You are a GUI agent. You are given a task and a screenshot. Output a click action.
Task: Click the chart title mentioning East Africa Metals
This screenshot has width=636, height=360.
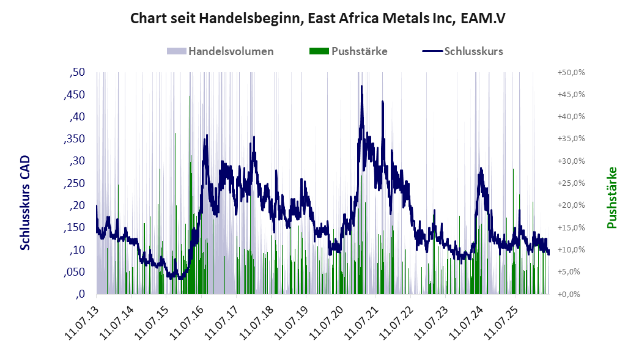click(317, 19)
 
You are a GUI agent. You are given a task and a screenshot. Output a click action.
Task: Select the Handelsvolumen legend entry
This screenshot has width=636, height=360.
click(220, 51)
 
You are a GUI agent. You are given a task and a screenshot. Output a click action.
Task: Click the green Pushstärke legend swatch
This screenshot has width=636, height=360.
click(319, 51)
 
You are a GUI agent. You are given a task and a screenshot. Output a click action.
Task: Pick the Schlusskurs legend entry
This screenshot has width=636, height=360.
click(462, 51)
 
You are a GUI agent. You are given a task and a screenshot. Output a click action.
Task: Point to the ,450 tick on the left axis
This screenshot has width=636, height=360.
click(74, 95)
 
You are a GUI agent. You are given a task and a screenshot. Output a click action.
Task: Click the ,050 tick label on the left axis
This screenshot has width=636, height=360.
click(74, 272)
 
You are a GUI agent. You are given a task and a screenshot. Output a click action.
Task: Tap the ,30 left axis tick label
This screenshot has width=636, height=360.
click(77, 161)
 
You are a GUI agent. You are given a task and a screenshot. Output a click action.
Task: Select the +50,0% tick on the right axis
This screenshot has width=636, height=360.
click(571, 73)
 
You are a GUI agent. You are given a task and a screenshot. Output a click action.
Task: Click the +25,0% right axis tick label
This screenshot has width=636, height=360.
click(571, 183)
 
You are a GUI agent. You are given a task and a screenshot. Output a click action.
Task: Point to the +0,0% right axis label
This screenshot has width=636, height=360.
click(571, 295)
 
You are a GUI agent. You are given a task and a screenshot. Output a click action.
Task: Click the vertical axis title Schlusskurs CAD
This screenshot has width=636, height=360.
click(25, 203)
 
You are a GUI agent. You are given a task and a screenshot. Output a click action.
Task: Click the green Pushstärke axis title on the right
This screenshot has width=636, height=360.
click(612, 198)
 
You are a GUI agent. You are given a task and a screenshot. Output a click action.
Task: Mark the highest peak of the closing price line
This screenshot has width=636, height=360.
click(361, 86)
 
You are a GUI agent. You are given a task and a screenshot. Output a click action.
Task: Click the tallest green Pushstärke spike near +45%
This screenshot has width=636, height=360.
click(190, 97)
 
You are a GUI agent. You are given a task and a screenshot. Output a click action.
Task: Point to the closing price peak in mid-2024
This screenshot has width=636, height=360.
click(481, 168)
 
